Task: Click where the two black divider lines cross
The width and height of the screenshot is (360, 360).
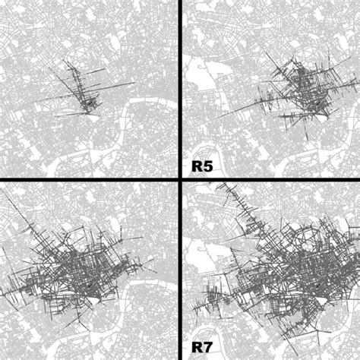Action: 180,179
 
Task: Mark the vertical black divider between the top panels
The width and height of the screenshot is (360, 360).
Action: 180,84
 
